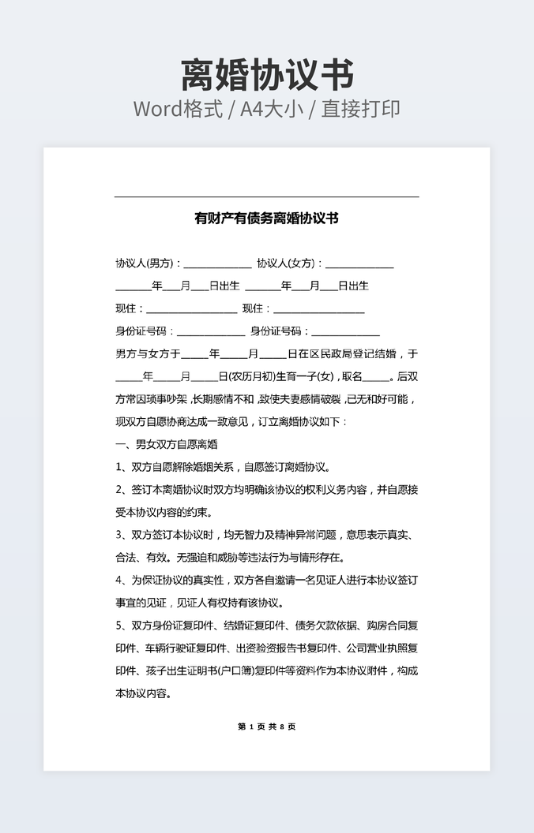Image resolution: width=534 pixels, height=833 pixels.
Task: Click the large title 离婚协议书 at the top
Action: [x=267, y=75]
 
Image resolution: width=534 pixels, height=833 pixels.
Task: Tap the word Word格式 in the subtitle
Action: [x=177, y=110]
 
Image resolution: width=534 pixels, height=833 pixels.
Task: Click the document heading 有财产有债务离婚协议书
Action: [x=267, y=219]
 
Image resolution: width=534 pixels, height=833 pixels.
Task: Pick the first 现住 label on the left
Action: [x=130, y=308]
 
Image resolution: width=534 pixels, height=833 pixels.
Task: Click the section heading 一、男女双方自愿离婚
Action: [x=167, y=444]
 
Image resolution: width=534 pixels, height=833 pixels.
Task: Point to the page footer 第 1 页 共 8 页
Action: [x=267, y=727]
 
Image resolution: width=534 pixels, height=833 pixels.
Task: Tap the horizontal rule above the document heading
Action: [x=267, y=196]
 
